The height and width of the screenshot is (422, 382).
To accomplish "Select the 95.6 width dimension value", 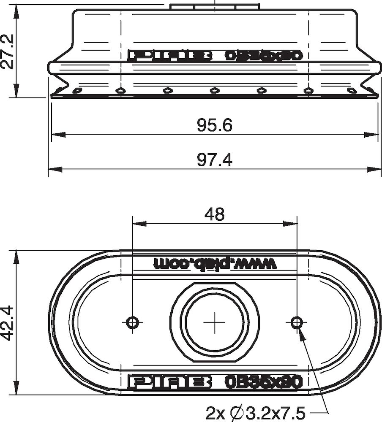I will tap(214, 125).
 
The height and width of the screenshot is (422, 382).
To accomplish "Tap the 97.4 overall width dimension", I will tap(214, 160).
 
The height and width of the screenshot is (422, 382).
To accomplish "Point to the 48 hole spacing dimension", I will tap(214, 214).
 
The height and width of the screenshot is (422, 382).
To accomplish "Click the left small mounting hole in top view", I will tap(133, 322).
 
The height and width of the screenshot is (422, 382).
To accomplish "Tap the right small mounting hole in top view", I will tap(296, 322).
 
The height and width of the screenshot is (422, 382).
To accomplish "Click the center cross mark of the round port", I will tap(215, 322).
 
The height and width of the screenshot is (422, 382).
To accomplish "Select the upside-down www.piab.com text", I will tap(215, 264).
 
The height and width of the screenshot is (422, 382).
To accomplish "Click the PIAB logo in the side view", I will tap(169, 56).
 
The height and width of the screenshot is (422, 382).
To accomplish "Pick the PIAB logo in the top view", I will tap(169, 382).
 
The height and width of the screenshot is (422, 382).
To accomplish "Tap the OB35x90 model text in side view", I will tap(263, 56).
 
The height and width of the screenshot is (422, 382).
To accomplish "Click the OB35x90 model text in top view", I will tap(263, 382).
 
